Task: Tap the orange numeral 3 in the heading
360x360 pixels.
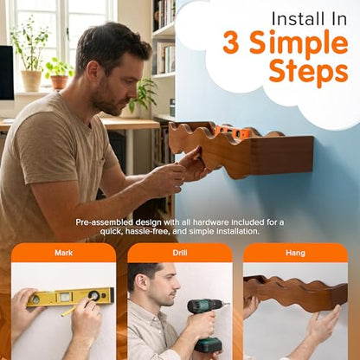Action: (x=231, y=42)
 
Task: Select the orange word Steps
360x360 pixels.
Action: (x=308, y=71)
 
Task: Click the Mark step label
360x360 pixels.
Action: (x=64, y=253)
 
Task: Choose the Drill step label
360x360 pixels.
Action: (x=180, y=253)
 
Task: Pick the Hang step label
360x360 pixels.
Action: (x=295, y=253)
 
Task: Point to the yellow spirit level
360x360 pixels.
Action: (x=70, y=297)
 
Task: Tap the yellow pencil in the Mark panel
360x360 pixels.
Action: (x=75, y=308)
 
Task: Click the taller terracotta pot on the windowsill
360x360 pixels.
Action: (x=31, y=80)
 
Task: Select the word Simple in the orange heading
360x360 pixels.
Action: (x=299, y=43)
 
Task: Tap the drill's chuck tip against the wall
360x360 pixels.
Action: (x=228, y=304)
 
